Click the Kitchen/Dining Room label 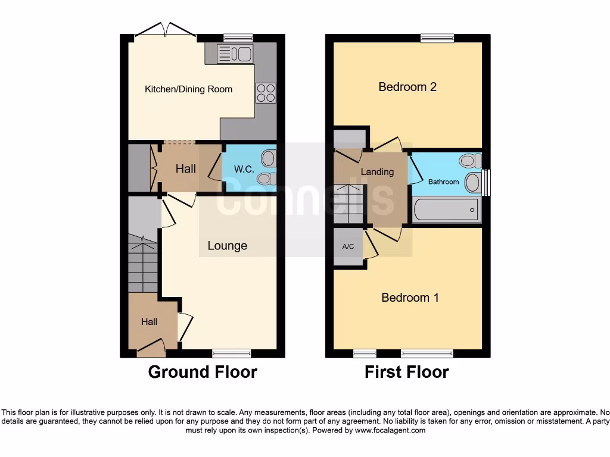pos(188,89)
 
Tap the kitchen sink pos(235,54)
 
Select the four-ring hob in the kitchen pos(266,93)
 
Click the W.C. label pos(244,169)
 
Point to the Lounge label pos(227,246)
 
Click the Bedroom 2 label pos(407,87)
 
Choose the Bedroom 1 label pos(410,298)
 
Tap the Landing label pos(377,172)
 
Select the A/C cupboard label pos(348,246)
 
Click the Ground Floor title pos(203,373)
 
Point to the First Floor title pos(406,373)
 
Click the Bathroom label pos(444,181)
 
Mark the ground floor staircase pos(143,265)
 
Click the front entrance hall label pos(149,322)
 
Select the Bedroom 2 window pos(437,38)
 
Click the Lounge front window pos(231,353)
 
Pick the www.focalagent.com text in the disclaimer pos(390,430)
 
